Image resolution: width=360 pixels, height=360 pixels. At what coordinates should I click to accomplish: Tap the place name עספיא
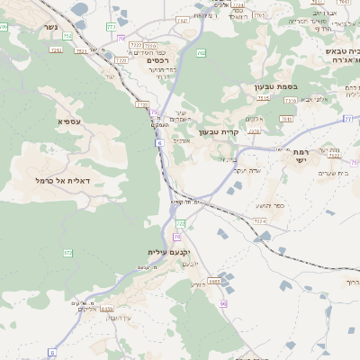click(x=72, y=121)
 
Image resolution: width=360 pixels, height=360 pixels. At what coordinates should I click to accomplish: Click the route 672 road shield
click(x=67, y=255)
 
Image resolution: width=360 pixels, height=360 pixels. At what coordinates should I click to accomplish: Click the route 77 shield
click(x=346, y=118)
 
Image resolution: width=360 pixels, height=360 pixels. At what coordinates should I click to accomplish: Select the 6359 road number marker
click(x=107, y=308)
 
